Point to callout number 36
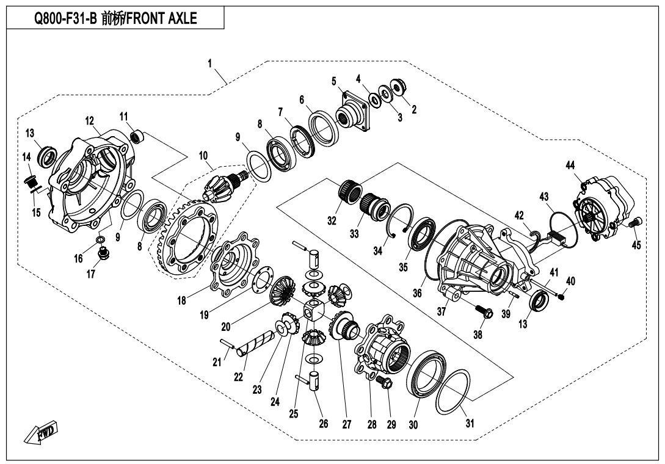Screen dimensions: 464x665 [x=417, y=293]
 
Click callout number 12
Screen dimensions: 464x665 [x=89, y=120]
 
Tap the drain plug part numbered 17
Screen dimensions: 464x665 [x=104, y=252]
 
